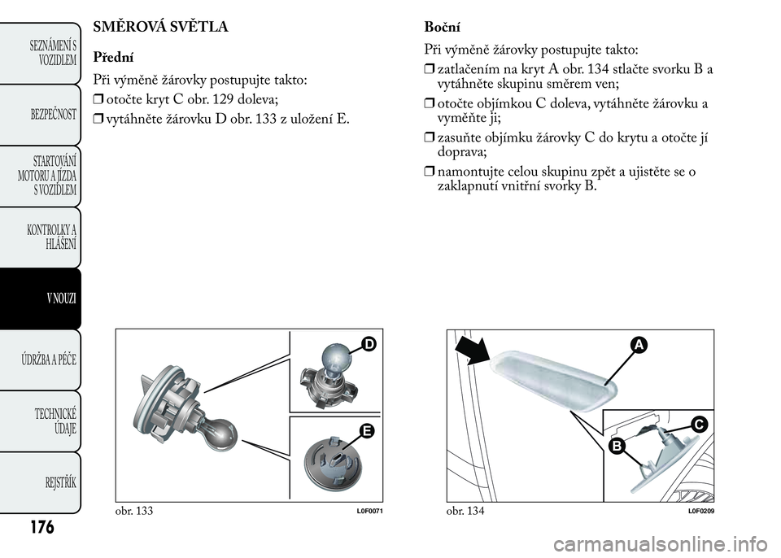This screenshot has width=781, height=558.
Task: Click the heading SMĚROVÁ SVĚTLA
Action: tap(161, 26)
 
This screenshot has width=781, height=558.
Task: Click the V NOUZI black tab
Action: tap(49, 299)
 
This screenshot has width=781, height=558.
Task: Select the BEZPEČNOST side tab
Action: tap(49, 114)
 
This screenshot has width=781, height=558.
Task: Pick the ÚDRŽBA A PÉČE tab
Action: tap(49, 360)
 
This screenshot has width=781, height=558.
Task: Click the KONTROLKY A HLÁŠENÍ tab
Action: tap(49, 238)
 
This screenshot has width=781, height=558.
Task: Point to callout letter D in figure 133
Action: tap(369, 345)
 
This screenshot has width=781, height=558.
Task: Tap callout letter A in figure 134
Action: tap(635, 347)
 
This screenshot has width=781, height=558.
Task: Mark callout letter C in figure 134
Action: tap(699, 422)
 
